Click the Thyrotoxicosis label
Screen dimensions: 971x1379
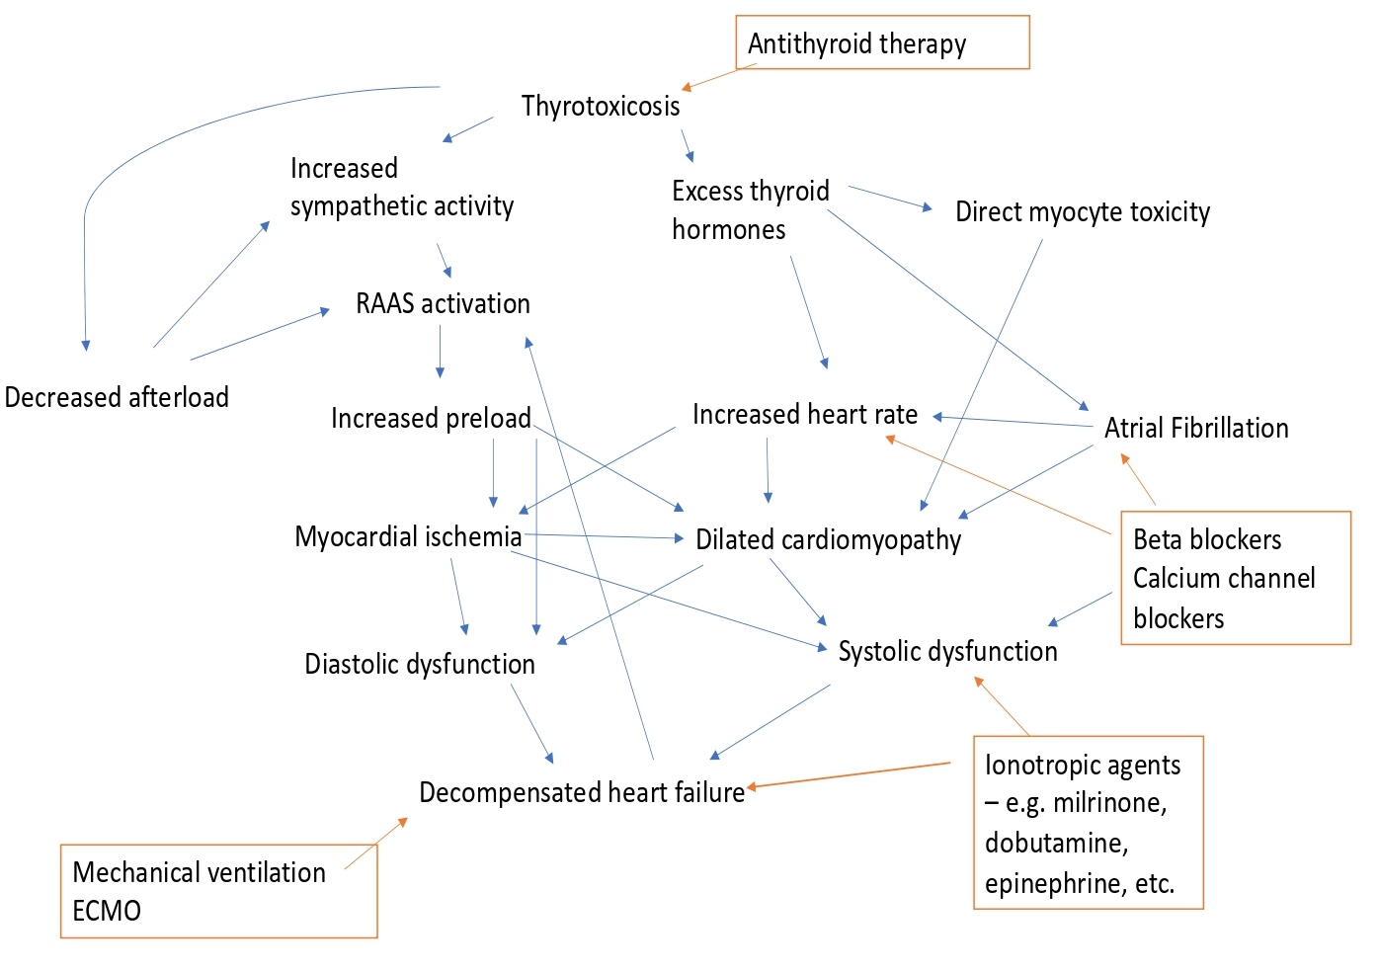601,106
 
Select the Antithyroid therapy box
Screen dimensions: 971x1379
882,42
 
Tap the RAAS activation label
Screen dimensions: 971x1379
443,303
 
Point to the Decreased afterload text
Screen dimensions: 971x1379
117,397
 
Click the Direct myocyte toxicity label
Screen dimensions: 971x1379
1082,212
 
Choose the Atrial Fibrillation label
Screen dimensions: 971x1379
1195,428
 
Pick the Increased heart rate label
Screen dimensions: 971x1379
804,414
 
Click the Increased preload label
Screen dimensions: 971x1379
431,418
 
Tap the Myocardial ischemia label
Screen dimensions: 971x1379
408,536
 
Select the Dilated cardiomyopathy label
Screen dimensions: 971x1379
828,539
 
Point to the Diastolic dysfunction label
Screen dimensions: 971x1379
419,664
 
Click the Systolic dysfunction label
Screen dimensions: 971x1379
947,651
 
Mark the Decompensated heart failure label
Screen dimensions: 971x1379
582,792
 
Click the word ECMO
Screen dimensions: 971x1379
107,911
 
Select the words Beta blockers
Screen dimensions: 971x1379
1206,539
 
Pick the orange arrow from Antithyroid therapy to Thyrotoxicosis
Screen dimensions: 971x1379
718,78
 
